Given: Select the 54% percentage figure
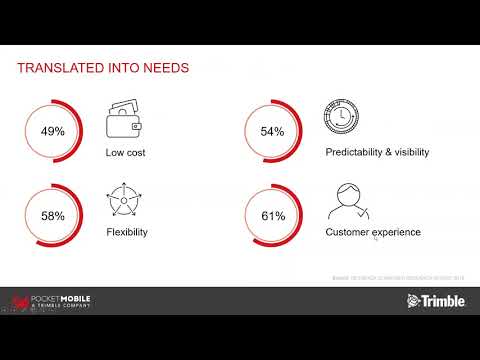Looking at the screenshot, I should click(272, 131).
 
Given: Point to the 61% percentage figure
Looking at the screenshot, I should click(272, 214).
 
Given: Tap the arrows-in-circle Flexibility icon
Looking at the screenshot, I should click(123, 202).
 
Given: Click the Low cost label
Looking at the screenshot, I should click(126, 153).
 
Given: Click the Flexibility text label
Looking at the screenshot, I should click(126, 232).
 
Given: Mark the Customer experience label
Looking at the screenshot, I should click(373, 232).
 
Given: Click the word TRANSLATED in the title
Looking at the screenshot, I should click(64, 68).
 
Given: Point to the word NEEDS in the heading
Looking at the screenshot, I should click(162, 68).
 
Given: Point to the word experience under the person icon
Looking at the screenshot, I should click(396, 232).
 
